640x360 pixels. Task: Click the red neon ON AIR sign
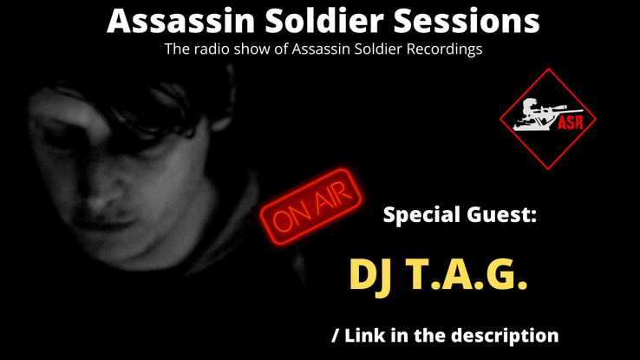[311, 206]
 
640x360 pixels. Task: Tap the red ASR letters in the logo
[571, 122]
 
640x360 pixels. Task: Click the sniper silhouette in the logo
[541, 115]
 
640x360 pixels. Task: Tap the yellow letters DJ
[370, 274]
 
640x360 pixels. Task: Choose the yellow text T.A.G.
[467, 274]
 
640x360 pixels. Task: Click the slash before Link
[336, 336]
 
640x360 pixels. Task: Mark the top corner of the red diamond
[548, 69]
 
